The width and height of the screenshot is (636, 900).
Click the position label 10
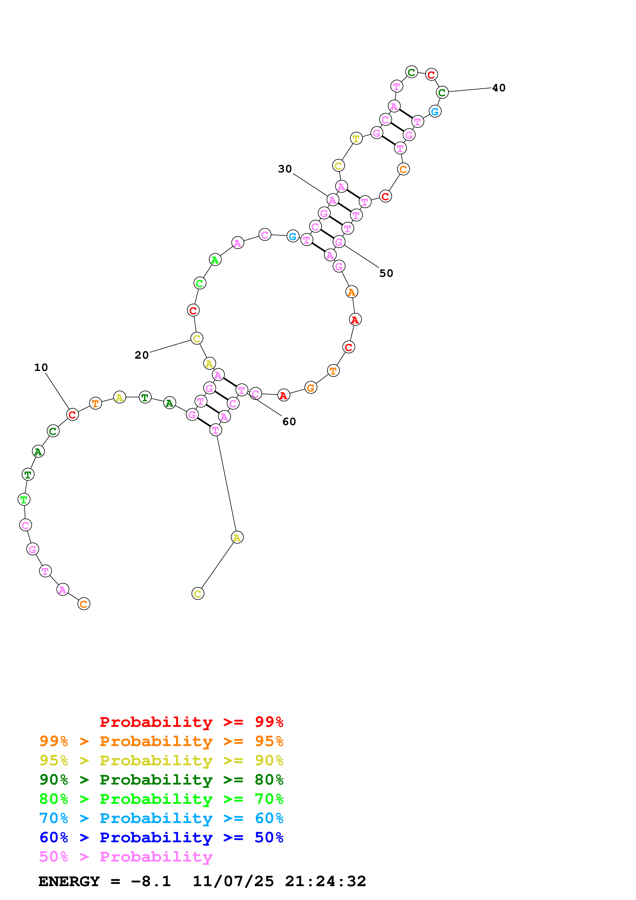pyautogui.click(x=41, y=367)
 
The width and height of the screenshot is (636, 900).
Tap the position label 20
pyautogui.click(x=141, y=355)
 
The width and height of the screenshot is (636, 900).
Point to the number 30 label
pyautogui.click(x=285, y=169)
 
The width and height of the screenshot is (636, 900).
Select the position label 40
pyautogui.click(x=498, y=88)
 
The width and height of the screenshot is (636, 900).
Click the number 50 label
pyautogui.click(x=386, y=273)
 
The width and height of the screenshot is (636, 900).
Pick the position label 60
pyautogui.click(x=289, y=421)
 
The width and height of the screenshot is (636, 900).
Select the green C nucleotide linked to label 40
pyautogui.click(x=442, y=93)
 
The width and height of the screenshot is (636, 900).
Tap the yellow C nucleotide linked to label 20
pyautogui.click(x=197, y=338)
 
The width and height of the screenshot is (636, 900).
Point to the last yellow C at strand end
pyautogui.click(x=198, y=594)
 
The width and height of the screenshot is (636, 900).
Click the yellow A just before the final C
pyautogui.click(x=237, y=537)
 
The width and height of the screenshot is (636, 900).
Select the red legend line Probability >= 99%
pyautogui.click(x=191, y=722)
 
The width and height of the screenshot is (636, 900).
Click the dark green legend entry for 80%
pyautogui.click(x=161, y=780)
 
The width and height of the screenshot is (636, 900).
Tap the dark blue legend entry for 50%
pyautogui.click(x=161, y=837)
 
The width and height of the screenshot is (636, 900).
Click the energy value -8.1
pyautogui.click(x=151, y=881)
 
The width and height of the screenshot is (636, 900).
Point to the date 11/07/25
pyautogui.click(x=233, y=881)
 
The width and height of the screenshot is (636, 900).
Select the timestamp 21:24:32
pyautogui.click(x=325, y=881)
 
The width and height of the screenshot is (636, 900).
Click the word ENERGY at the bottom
pyautogui.click(x=69, y=881)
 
